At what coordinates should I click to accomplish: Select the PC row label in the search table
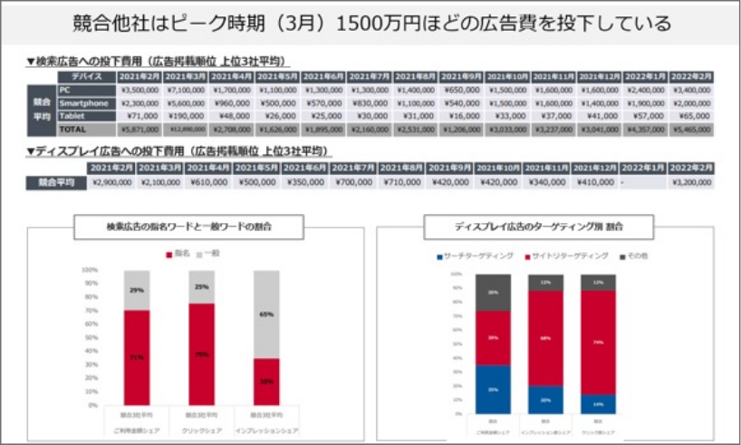pos(63,91)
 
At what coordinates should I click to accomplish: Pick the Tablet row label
pos(70,116)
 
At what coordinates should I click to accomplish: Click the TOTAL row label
pos(70,130)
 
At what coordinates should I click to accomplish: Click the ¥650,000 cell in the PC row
pos(462,91)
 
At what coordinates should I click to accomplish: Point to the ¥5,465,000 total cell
pos(692,130)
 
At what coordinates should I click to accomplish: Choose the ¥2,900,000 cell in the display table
pos(112,183)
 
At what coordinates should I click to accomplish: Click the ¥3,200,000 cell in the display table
pos(692,183)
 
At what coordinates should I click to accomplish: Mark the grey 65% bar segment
pos(266,314)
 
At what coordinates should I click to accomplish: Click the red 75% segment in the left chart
pos(201,353)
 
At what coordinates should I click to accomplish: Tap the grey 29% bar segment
pos(137,290)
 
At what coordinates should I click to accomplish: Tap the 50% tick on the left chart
pos(91,337)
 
